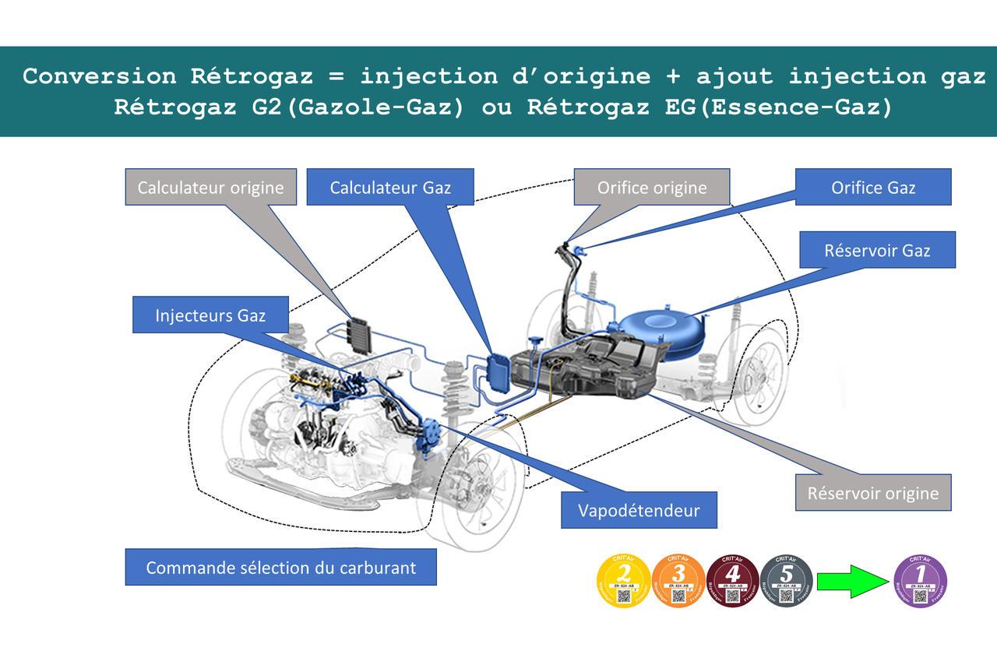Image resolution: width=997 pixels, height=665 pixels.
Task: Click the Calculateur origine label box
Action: point(210,188)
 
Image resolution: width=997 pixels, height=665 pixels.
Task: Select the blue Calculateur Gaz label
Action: point(390,188)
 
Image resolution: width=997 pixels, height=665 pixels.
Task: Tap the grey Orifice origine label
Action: point(652,188)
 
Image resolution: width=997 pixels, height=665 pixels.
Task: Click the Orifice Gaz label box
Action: point(873,188)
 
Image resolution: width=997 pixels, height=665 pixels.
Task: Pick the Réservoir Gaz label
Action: point(877,251)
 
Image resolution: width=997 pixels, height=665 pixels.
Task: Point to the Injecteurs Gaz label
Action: point(210,315)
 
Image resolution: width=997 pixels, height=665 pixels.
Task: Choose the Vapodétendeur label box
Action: point(639,510)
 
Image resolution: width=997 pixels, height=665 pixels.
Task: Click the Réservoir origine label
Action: point(872,493)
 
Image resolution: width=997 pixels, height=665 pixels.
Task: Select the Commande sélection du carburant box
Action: point(280,567)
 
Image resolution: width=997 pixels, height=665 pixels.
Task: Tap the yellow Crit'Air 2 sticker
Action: point(623,581)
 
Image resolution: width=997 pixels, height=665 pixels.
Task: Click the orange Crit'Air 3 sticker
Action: point(678,581)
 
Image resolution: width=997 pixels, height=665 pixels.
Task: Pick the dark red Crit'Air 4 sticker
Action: point(732,581)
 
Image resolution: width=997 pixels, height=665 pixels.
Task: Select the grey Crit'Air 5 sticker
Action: point(786,581)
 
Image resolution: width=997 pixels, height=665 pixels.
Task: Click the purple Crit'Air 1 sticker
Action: point(921,581)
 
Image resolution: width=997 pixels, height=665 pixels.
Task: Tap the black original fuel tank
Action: point(592,370)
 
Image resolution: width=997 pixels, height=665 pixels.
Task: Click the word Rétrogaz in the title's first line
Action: point(252,76)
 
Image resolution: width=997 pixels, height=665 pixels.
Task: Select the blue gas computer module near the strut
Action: point(496,371)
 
